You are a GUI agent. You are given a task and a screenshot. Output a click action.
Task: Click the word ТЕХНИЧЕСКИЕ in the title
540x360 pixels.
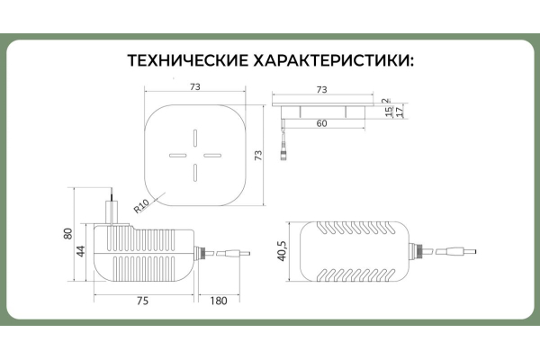(185, 61)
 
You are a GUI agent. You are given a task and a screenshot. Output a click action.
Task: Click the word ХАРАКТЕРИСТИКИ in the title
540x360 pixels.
(330, 61)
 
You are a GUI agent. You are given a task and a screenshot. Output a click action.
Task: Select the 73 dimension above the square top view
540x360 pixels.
(194, 86)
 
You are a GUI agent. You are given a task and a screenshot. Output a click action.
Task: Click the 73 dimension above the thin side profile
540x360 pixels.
(322, 89)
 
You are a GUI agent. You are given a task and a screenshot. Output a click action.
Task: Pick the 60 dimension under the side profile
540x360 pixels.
(322, 123)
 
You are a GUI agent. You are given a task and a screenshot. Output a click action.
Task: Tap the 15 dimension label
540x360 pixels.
(387, 112)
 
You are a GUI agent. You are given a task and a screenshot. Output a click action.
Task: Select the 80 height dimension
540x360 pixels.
(67, 234)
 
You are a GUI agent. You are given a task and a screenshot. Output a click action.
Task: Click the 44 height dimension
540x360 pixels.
(80, 250)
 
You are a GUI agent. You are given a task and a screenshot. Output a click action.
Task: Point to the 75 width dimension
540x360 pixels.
(143, 301)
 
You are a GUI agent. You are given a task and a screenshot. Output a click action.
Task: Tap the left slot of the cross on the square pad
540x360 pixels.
(177, 155)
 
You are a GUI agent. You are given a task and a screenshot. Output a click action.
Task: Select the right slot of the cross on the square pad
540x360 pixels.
(211, 155)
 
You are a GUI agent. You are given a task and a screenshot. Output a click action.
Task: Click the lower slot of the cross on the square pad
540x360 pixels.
(194, 172)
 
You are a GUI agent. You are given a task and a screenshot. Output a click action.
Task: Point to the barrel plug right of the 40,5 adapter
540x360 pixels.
(460, 251)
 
